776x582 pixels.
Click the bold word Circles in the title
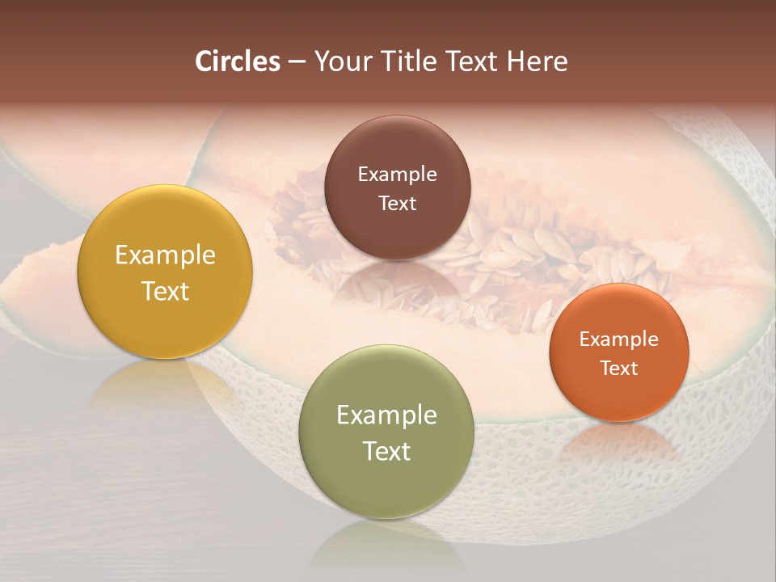(x=238, y=61)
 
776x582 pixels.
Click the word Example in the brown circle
(x=397, y=175)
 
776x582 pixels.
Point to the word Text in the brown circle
(x=397, y=204)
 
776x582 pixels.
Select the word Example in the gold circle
(x=165, y=255)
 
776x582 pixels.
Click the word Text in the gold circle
(x=165, y=291)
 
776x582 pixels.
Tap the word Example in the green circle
(x=386, y=415)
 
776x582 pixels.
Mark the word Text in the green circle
(x=386, y=451)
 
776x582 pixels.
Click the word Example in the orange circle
(x=618, y=339)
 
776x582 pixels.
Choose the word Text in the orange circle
(x=618, y=369)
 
